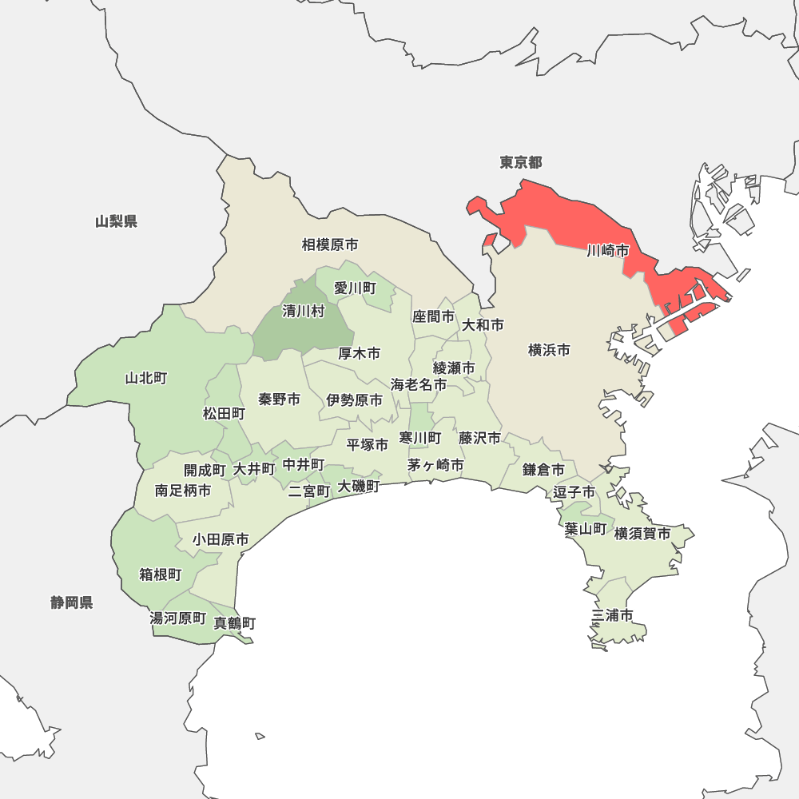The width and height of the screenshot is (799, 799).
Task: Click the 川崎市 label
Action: coord(607,251)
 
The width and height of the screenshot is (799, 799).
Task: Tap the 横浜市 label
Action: coord(549,350)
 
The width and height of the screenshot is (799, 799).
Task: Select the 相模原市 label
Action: coord(330,244)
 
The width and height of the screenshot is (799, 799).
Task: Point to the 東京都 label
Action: coord(521,163)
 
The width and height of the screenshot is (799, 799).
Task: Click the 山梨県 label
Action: coord(117,221)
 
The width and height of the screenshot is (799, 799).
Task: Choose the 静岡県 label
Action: coord(72,602)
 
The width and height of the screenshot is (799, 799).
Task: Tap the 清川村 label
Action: coord(304,312)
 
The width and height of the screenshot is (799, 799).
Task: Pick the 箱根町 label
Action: coord(161,574)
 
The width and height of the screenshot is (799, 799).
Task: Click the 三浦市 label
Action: coord(613,615)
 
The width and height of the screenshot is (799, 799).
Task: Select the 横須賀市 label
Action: coord(642,533)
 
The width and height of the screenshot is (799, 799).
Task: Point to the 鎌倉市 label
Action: coord(543,470)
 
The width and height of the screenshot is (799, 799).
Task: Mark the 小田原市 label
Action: coord(221,540)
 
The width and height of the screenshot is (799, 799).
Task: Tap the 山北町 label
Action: coord(146,378)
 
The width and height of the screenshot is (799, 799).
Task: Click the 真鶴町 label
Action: coord(235,622)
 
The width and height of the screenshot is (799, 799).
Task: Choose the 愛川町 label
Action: coord(355,288)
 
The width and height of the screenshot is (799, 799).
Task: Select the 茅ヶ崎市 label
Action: coord(435,464)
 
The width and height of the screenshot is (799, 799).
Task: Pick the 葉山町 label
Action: coord(585,528)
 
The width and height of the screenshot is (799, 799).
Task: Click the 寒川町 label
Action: coord(420,438)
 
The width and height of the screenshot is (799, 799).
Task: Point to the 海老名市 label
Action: coord(419,384)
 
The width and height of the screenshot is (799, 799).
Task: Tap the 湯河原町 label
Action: coord(178,618)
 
